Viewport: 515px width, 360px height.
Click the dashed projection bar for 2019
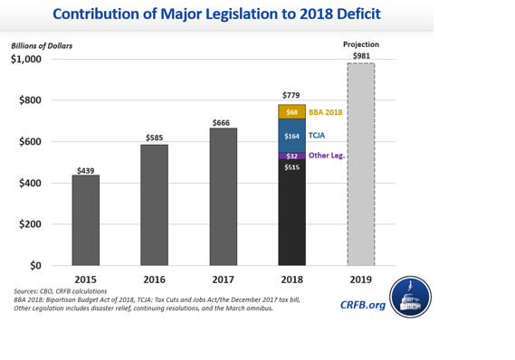click(x=360, y=164)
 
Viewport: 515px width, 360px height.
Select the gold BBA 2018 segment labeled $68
click(x=291, y=111)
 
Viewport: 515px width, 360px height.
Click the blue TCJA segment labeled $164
click(x=291, y=136)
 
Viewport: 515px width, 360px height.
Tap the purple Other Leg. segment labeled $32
click(x=291, y=156)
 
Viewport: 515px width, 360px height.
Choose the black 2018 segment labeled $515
click(x=291, y=213)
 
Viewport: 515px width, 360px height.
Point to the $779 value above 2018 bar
click(x=291, y=96)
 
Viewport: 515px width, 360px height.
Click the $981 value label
click(x=360, y=54)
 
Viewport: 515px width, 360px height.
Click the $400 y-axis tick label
click(x=31, y=184)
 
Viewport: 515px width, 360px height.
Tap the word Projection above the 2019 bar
click(x=360, y=44)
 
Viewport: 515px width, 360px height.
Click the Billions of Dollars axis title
click(x=42, y=45)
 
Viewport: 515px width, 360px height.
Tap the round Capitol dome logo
click(x=410, y=297)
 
